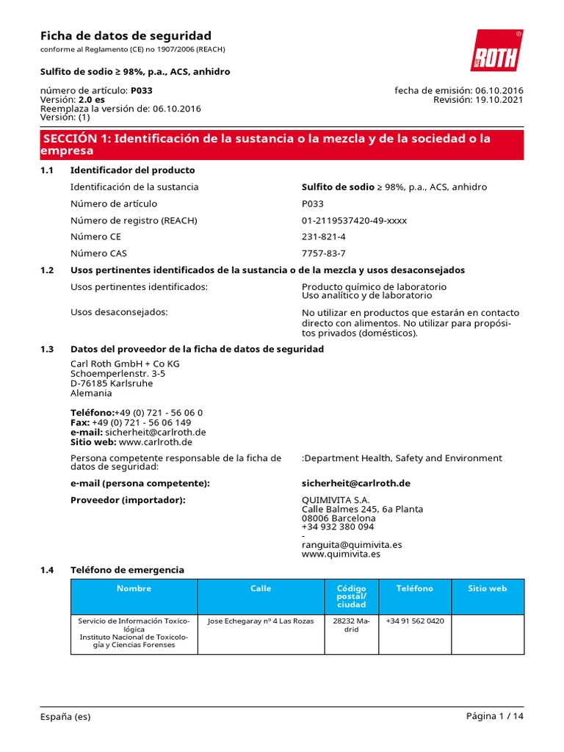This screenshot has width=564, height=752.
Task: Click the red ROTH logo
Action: (496, 51)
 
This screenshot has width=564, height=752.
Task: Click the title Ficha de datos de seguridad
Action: (125, 36)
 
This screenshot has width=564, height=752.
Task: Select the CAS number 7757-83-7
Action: (324, 253)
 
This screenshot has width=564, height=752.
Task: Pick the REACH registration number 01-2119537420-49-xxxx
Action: (354, 220)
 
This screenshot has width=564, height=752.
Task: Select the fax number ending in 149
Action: (141, 422)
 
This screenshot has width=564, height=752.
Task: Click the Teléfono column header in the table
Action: (415, 588)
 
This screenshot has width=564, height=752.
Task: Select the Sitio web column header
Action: (488, 588)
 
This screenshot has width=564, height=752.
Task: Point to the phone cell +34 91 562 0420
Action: (415, 621)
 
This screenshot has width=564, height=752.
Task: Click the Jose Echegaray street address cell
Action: (261, 621)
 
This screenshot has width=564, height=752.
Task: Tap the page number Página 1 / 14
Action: (495, 717)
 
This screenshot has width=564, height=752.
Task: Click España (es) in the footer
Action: (65, 717)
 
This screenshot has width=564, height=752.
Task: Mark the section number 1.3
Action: (47, 349)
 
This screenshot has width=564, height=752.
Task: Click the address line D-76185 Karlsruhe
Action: (112, 383)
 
